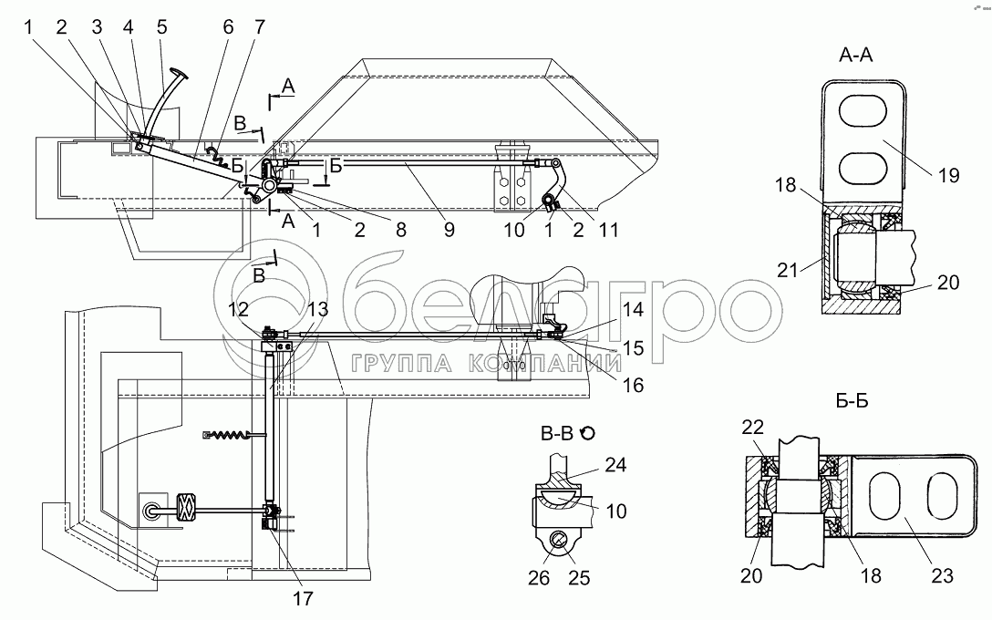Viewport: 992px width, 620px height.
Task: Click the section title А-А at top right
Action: click(x=855, y=55)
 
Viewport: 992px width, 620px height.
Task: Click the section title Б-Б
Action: click(x=852, y=401)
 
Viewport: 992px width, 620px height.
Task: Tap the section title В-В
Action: click(x=557, y=433)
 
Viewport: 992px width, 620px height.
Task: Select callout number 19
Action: click(x=948, y=175)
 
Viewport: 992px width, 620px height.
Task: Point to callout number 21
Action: click(x=788, y=270)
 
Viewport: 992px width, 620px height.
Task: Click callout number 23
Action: click(x=942, y=575)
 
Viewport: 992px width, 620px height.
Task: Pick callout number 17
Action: click(x=303, y=598)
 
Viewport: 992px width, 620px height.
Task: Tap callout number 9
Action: click(x=449, y=230)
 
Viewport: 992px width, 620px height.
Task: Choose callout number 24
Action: click(x=615, y=465)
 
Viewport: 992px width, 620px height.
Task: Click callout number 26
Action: click(x=538, y=578)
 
